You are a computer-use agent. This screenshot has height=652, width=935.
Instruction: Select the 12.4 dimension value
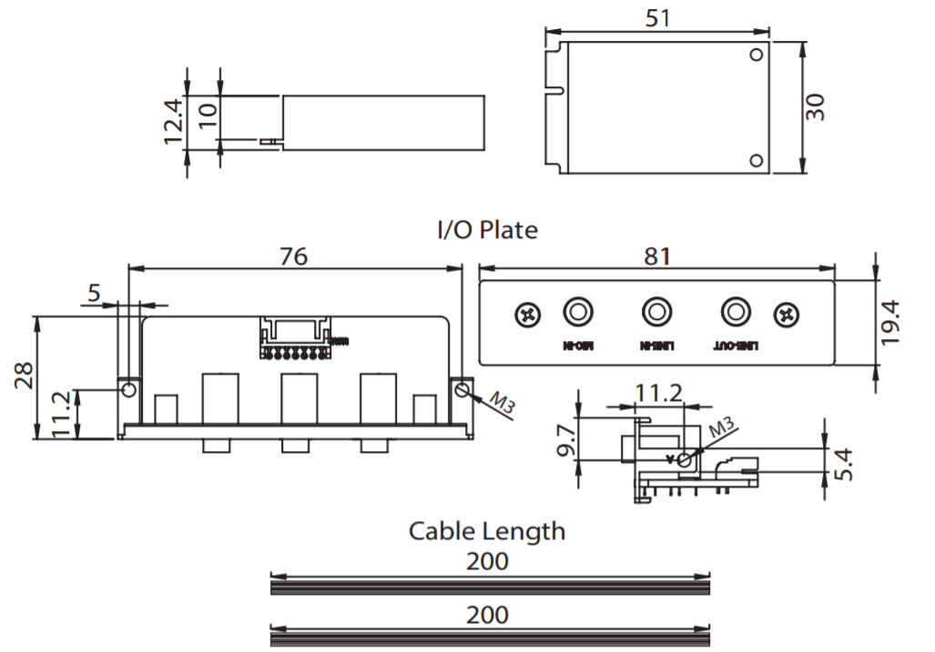coord(173,122)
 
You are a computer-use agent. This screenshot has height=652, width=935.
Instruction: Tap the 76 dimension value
coord(293,256)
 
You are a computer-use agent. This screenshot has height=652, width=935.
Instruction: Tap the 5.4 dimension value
coord(843,464)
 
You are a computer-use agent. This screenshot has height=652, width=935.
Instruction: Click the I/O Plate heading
coord(487,230)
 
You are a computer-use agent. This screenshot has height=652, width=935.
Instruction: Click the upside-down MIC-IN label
coord(579,346)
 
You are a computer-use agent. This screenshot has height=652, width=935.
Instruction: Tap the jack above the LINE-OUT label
coord(734,312)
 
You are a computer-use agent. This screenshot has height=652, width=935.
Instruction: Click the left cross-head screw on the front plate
coord(527,315)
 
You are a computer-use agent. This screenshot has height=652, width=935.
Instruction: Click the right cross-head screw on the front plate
coord(786,315)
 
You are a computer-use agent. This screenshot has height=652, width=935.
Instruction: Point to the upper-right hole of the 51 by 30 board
coord(756,55)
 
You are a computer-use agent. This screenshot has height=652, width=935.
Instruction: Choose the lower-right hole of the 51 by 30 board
coord(756,161)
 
